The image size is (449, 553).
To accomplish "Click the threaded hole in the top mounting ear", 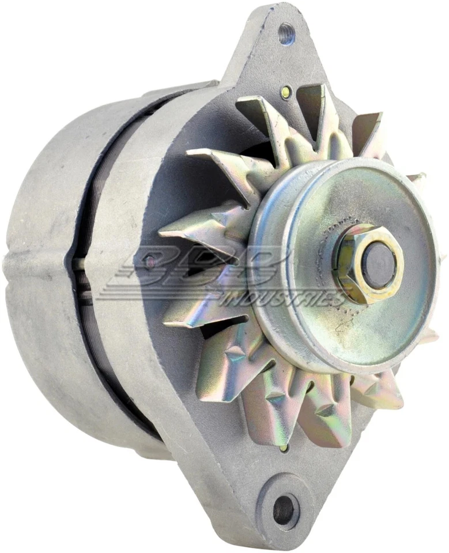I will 286,34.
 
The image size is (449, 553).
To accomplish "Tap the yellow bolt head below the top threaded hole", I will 284,91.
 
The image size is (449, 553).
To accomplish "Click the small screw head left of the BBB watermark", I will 150,263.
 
